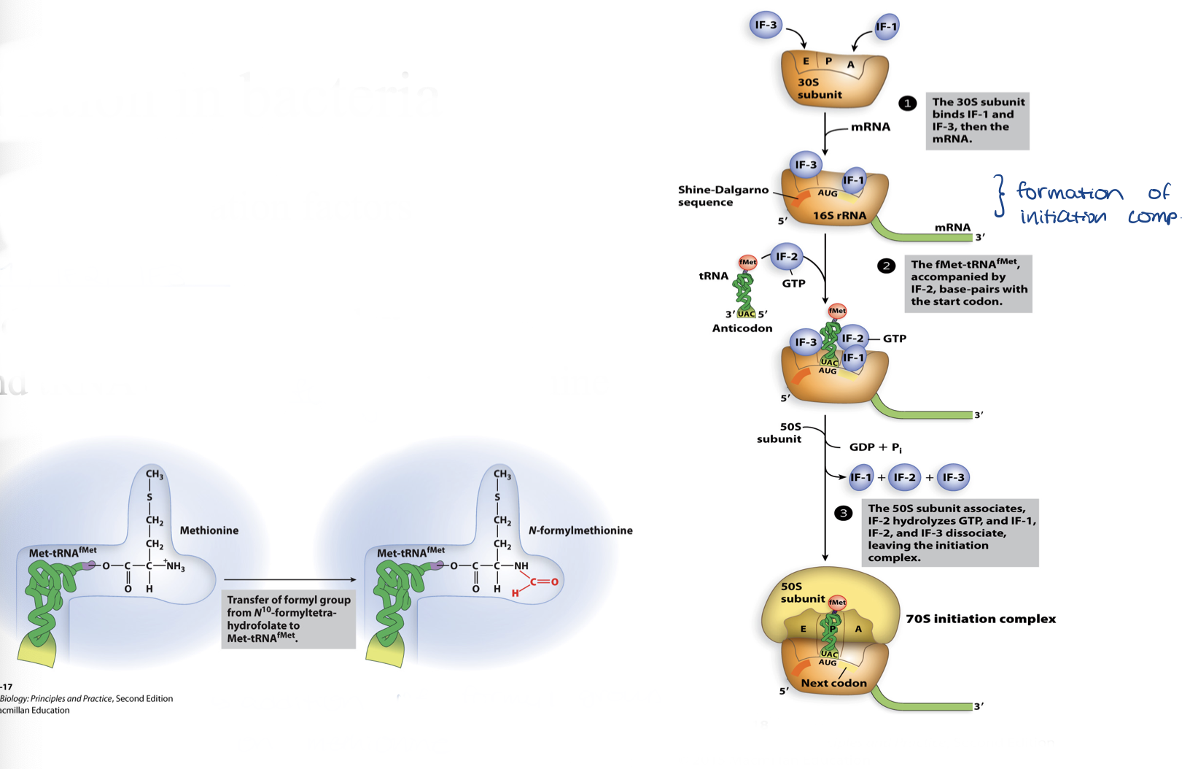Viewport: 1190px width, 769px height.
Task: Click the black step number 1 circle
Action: (x=907, y=104)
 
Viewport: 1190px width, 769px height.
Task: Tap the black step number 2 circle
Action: (x=886, y=266)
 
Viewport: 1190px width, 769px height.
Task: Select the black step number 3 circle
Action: (x=843, y=513)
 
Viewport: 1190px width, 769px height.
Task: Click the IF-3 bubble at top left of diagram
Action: (x=766, y=26)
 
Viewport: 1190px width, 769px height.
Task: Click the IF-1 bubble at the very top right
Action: (x=887, y=27)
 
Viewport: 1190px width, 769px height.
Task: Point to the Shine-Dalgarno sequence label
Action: (x=723, y=196)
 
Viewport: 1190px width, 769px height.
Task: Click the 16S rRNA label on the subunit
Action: (x=839, y=215)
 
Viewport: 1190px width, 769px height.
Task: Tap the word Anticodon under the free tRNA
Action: (x=742, y=328)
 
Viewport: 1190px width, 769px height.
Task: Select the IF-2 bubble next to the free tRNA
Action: (x=787, y=257)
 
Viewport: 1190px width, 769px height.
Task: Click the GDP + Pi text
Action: (x=875, y=447)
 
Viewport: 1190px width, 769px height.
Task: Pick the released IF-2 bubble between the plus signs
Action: (x=904, y=477)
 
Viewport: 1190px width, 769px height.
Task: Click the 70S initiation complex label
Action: (x=980, y=619)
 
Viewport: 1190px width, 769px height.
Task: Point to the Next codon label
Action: (x=833, y=683)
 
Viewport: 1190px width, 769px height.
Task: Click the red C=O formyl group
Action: (x=544, y=581)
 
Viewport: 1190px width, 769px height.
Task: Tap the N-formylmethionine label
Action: (x=580, y=530)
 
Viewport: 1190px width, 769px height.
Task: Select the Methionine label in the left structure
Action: (x=209, y=530)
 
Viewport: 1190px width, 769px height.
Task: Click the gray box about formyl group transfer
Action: (x=288, y=619)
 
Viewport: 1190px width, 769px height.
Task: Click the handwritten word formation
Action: (x=1069, y=193)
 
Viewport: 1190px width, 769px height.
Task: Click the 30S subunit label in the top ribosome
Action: (x=819, y=88)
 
